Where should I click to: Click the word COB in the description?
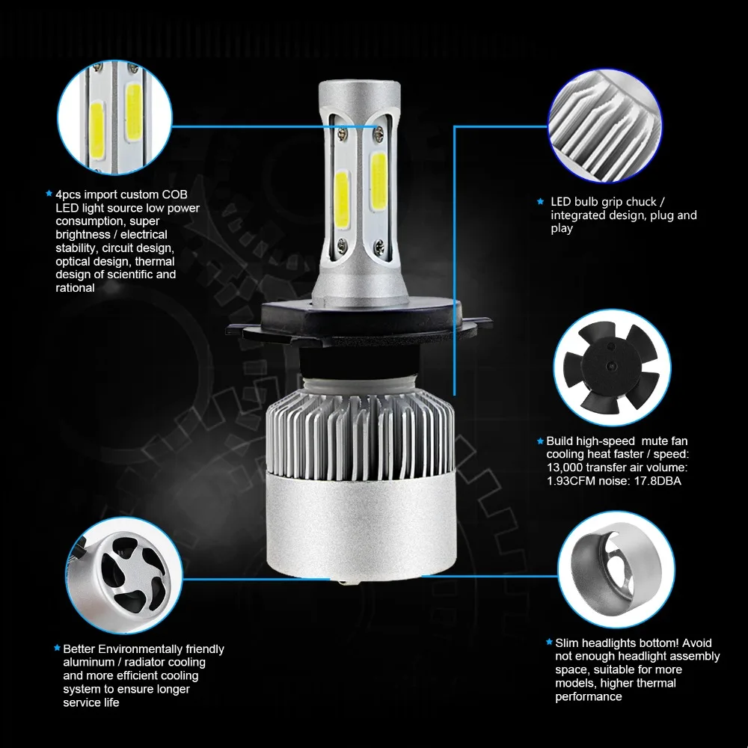(174, 194)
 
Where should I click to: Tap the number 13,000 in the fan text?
(564, 467)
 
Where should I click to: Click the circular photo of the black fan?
(612, 367)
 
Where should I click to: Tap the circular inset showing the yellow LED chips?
(114, 117)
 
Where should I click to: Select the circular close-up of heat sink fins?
(605, 126)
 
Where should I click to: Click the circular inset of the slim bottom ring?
(616, 570)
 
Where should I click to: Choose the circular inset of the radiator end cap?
(124, 576)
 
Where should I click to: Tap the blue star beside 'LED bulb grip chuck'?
(541, 202)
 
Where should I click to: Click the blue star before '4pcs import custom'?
(49, 194)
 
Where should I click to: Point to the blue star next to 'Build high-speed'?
(541, 441)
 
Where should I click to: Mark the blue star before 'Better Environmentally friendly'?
(58, 649)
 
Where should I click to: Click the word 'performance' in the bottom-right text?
(589, 697)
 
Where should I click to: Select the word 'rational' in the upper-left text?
(75, 288)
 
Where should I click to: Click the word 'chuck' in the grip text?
(642, 202)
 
